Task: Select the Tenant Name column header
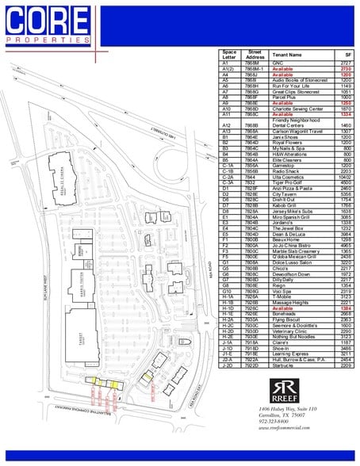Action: [x=287, y=55]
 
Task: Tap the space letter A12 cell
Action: [x=227, y=124]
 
